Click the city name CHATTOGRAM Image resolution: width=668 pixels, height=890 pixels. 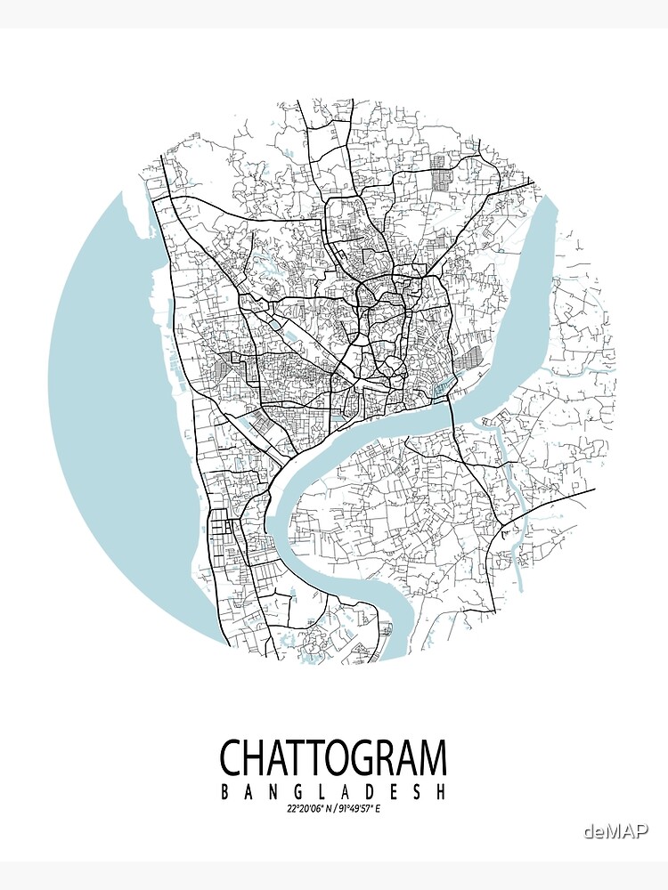(x=333, y=758)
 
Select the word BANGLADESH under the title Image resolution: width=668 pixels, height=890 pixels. (x=333, y=791)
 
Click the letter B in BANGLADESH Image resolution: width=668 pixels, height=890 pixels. (x=224, y=791)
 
